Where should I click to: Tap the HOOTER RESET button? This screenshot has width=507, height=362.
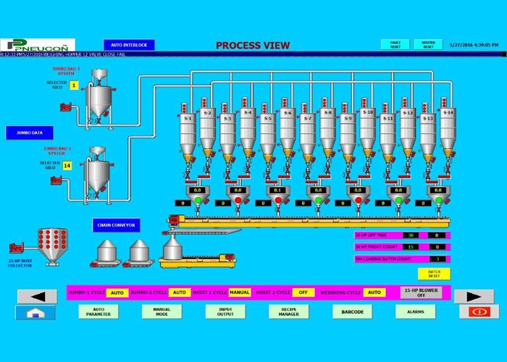[x=428, y=45]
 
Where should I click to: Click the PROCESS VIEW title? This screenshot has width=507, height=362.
[x=253, y=46]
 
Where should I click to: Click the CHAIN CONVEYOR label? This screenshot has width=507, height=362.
[x=116, y=225]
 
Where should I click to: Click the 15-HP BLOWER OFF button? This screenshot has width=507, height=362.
[x=421, y=292]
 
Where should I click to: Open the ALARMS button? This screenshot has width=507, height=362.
[x=416, y=312]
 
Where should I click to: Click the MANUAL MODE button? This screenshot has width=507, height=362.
[x=162, y=312]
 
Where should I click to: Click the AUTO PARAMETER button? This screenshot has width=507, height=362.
[x=99, y=312]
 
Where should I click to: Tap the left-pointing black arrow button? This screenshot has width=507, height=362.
[x=35, y=295]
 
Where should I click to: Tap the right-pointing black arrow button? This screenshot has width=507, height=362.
[x=474, y=295]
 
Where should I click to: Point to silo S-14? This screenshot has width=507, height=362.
[x=448, y=130]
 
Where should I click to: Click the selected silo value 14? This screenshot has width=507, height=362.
[x=67, y=166]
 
